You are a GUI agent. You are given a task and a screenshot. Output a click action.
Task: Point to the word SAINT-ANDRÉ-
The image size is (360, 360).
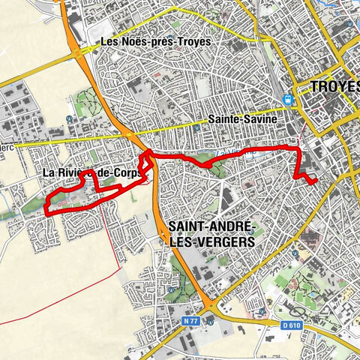coord(212,226)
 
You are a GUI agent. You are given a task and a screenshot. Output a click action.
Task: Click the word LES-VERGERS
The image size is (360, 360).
coord(212,242)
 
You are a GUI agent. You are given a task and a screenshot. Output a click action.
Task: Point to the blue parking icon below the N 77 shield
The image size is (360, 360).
coord(211,323)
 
